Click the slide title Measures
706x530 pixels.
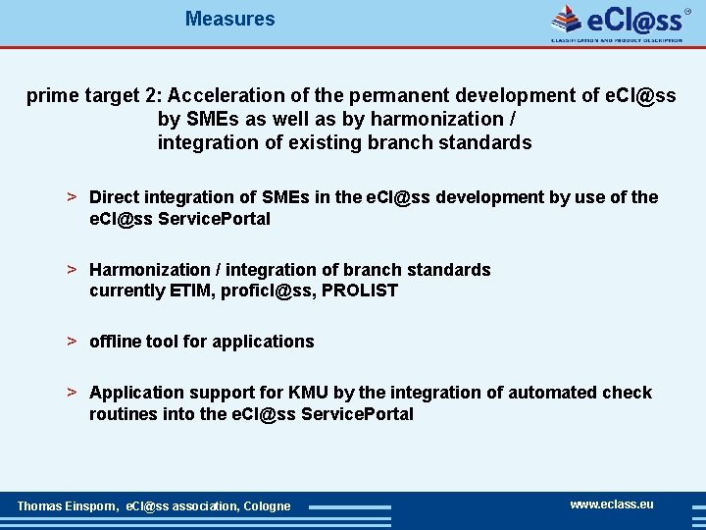click(229, 19)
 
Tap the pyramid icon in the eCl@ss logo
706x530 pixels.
click(567, 20)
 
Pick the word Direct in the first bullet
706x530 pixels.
click(115, 197)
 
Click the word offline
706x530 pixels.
click(115, 342)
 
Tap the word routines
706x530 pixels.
click(123, 414)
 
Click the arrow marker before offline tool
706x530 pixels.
click(72, 341)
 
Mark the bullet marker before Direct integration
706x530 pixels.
click(72, 196)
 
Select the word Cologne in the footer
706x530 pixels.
click(267, 506)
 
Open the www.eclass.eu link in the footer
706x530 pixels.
click(612, 504)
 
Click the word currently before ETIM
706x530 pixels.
click(127, 291)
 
